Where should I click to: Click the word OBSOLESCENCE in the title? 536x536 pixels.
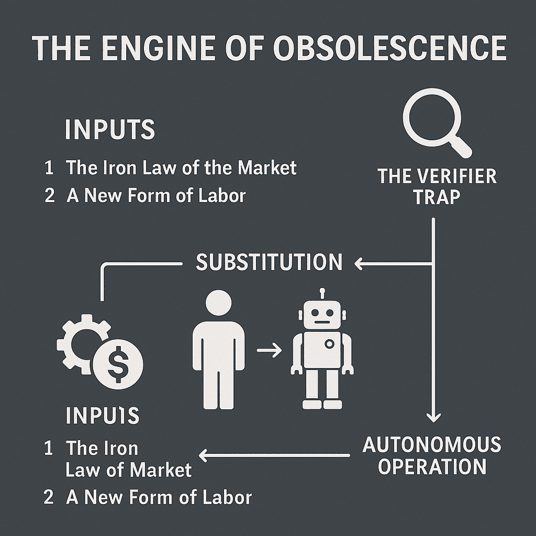coord(390,49)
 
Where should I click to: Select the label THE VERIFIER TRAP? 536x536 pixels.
coord(437,186)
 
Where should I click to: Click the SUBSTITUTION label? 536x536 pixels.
coord(269,262)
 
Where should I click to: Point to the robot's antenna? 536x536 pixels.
coord(322,293)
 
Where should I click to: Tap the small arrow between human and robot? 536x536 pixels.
coord(270,351)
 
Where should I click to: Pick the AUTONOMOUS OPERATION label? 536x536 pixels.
coord(431,455)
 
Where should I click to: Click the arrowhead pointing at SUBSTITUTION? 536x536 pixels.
coord(359,264)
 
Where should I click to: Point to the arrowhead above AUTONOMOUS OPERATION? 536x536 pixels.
coord(433,417)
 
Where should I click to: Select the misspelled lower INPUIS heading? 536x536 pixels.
coord(103,416)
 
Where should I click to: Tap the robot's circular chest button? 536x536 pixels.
coord(329,344)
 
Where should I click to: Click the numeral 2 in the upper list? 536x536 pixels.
coord(50,196)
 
